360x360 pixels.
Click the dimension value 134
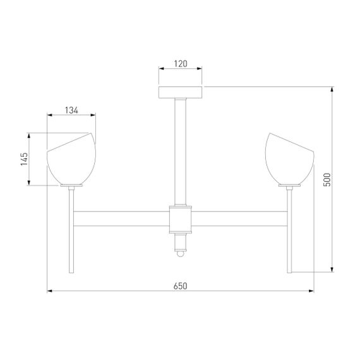[71, 111]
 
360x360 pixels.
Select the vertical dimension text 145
[23, 159]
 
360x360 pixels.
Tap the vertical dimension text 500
[327, 180]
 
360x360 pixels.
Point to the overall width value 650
[180, 286]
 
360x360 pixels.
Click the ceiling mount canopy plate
[180, 92]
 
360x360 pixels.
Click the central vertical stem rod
[180, 152]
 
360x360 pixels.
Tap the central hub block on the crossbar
[180, 219]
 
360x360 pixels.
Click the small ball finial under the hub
[180, 253]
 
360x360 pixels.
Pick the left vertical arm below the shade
[72, 231]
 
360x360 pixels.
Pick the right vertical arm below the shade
[290, 231]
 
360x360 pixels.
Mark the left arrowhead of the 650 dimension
[51, 291]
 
